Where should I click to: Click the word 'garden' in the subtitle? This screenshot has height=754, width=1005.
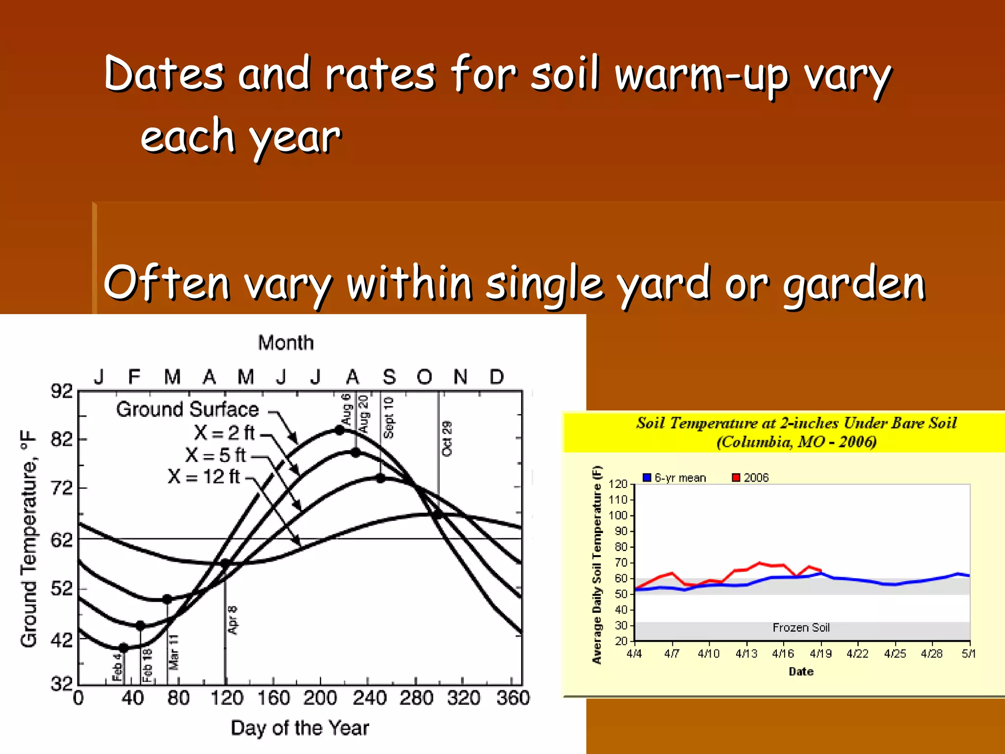pyautogui.click(x=854, y=284)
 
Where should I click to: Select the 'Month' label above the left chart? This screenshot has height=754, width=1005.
pyautogui.click(x=286, y=343)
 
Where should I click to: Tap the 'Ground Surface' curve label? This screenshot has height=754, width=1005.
pyautogui.click(x=187, y=409)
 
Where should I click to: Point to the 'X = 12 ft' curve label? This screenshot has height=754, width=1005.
pyautogui.click(x=204, y=476)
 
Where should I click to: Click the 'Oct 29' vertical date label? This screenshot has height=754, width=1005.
pyautogui.click(x=447, y=438)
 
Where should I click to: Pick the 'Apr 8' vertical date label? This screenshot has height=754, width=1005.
pyautogui.click(x=233, y=619)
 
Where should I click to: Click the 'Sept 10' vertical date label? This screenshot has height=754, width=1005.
pyautogui.click(x=388, y=418)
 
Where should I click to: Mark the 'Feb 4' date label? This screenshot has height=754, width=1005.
pyautogui.click(x=117, y=667)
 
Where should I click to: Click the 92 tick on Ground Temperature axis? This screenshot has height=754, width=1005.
pyautogui.click(x=62, y=391)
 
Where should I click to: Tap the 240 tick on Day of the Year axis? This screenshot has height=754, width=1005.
pyautogui.click(x=370, y=698)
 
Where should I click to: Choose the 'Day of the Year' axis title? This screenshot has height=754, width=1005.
pyautogui.click(x=299, y=728)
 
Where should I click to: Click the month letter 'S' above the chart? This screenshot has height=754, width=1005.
pyautogui.click(x=389, y=377)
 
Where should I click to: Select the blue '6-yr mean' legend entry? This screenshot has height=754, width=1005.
pyautogui.click(x=674, y=478)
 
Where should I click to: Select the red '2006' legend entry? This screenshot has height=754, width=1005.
pyautogui.click(x=750, y=478)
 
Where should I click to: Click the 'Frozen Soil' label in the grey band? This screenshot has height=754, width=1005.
pyautogui.click(x=801, y=627)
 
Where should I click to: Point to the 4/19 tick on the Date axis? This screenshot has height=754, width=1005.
pyautogui.click(x=820, y=653)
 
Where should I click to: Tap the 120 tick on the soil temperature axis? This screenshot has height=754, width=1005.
pyautogui.click(x=618, y=484)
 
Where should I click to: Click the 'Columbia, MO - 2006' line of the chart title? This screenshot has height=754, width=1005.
pyautogui.click(x=796, y=442)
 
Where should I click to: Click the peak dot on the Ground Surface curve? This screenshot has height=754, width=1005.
pyautogui.click(x=340, y=430)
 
